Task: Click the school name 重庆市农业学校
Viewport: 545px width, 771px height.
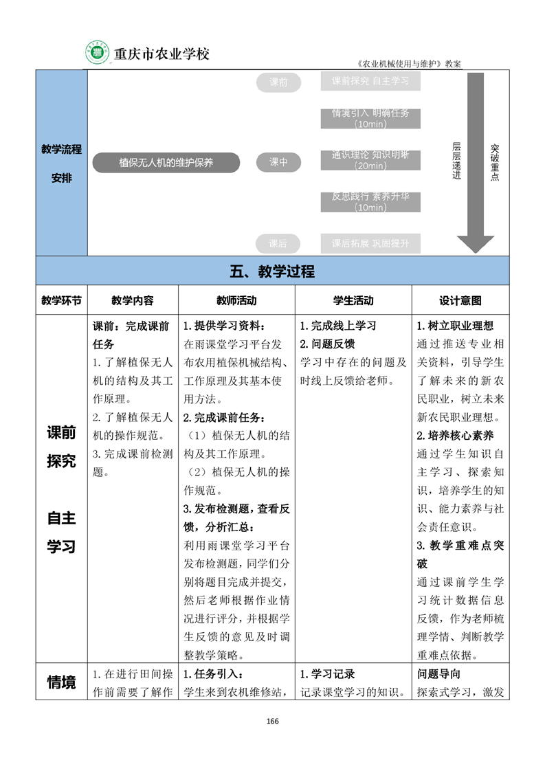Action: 161,54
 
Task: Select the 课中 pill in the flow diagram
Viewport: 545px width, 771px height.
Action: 278,163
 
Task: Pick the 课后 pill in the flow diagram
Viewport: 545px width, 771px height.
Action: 278,243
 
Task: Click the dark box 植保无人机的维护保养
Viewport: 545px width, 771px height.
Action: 166,163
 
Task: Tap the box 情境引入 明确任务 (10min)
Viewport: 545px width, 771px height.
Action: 370,118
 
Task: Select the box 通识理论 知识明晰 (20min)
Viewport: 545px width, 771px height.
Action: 370,160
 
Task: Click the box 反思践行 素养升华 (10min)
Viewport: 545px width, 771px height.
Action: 370,202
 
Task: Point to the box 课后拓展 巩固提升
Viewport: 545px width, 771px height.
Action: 370,243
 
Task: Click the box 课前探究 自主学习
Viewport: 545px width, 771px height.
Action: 370,81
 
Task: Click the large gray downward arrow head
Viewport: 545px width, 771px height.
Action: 476,243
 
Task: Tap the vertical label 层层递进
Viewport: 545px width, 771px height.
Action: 456,161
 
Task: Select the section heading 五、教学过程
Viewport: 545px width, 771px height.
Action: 272,271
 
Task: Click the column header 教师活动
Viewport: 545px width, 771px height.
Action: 236,301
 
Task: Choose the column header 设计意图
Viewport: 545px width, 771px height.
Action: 460,301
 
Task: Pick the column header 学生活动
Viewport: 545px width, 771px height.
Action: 353,301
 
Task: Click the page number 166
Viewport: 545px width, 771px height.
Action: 272,721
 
